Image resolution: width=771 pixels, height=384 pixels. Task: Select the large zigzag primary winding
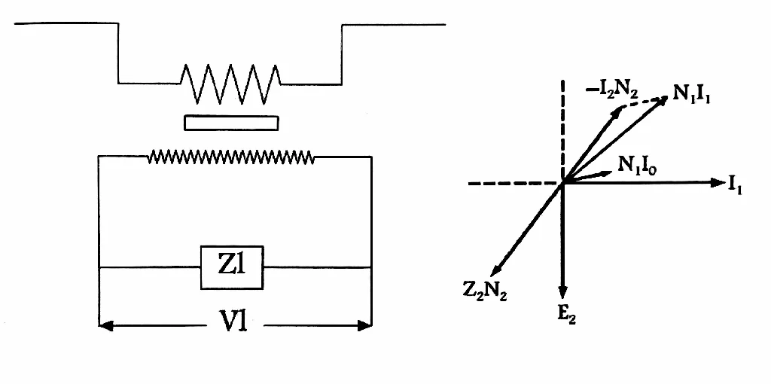tap(230, 84)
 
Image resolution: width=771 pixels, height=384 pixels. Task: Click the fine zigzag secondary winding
tap(231, 157)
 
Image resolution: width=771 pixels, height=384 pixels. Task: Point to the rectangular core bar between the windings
tap(231, 123)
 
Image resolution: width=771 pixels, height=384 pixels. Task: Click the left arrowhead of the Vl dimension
tap(105, 325)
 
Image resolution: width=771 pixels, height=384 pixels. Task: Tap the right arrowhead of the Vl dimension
tap(365, 325)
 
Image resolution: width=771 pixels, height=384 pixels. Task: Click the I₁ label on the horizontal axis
tap(735, 185)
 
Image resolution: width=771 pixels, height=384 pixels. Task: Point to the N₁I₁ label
tap(691, 93)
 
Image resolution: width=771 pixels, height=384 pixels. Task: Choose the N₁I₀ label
tap(637, 166)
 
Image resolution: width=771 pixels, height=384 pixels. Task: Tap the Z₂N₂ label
tap(484, 291)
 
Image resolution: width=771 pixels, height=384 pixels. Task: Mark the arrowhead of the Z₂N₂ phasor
tap(497, 270)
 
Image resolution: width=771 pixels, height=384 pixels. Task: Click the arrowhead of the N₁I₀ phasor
tap(608, 172)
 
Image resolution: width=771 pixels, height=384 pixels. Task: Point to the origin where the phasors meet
tap(563, 183)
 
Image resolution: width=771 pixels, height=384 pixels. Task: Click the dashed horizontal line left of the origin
tap(515, 184)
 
